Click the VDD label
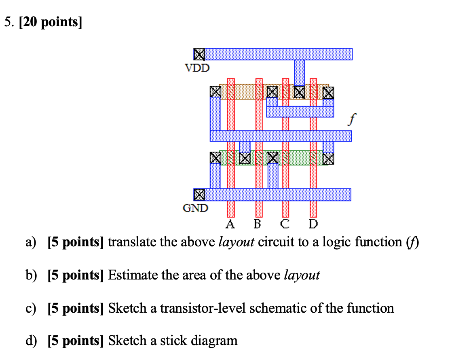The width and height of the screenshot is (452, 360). coord(197,68)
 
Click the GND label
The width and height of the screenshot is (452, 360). coord(196,208)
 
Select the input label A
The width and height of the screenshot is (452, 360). coord(230,224)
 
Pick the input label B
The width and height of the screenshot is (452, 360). coord(257,224)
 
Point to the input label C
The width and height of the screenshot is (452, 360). coord(285,224)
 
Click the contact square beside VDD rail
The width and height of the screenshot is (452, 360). coord(199,54)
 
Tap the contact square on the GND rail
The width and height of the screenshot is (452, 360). coord(199,195)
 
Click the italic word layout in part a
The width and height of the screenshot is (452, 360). coord(236,242)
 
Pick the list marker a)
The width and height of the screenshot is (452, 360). coord(31,243)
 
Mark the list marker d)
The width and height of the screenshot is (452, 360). coord(31,341)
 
